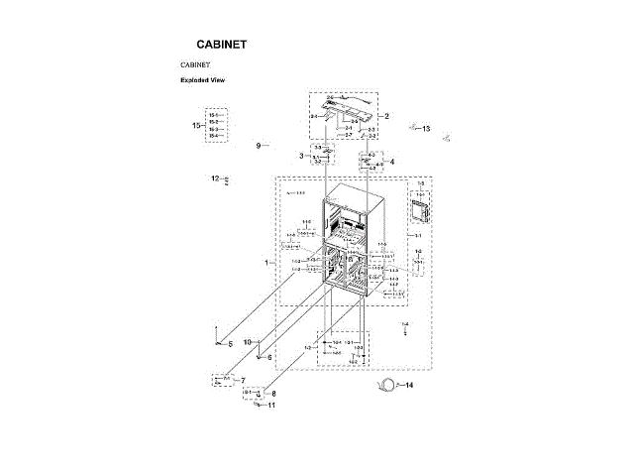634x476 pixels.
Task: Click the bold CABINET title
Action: click(x=222, y=45)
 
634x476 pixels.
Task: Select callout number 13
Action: click(x=426, y=129)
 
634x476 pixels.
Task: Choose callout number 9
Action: click(x=258, y=146)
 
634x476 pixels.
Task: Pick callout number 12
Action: click(x=214, y=178)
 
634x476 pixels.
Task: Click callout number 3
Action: click(x=300, y=156)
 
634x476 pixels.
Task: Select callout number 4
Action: click(x=392, y=162)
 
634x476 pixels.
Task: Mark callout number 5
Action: click(x=230, y=344)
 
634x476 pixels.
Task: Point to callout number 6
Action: click(x=268, y=357)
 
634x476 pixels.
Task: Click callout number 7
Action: click(x=243, y=381)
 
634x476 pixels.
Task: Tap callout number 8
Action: click(x=273, y=394)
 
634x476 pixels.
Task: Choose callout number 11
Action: click(x=271, y=405)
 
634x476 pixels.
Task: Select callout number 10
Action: click(x=248, y=342)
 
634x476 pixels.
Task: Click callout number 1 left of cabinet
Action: click(x=265, y=263)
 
